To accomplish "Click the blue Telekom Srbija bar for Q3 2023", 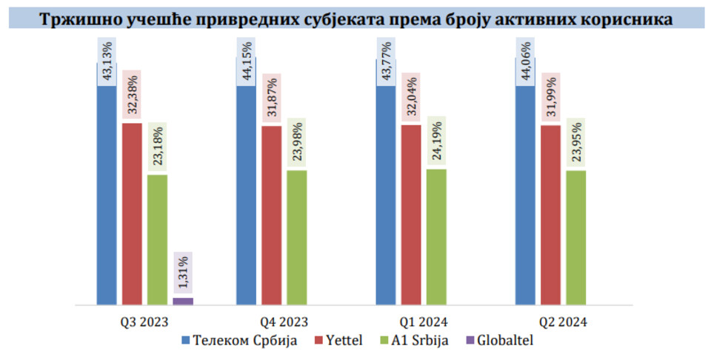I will point(107,193).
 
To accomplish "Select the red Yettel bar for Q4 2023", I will point(271,215).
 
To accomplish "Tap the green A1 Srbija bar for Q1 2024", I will point(436,236).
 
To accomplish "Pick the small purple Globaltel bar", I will point(182,301).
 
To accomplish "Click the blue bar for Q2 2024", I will point(525,193).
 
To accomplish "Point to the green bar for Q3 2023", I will point(157,239).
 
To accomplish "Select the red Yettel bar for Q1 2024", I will point(411,214).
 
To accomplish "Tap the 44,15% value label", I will point(246,62).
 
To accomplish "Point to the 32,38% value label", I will point(132,96).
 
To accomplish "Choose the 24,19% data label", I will point(436,141).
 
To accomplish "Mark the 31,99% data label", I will point(550,99).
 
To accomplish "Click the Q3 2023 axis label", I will point(144,322).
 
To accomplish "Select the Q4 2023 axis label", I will point(284,322).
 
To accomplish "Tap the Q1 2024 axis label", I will point(424,322).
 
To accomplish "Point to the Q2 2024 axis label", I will point(563,322).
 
